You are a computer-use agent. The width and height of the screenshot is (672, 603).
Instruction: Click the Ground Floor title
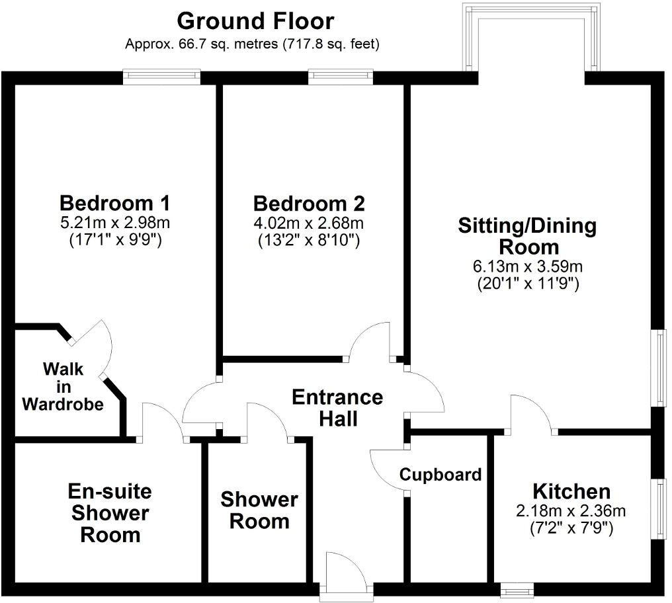tap(255, 21)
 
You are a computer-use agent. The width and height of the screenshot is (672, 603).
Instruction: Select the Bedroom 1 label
tap(115, 202)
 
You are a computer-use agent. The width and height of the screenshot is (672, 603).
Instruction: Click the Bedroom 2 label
tap(308, 202)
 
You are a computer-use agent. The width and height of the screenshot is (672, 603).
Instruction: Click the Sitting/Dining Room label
tap(528, 237)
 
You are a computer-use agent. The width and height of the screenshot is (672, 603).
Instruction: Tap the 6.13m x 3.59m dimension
tap(528, 267)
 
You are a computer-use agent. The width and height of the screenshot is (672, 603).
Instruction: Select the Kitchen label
tap(571, 491)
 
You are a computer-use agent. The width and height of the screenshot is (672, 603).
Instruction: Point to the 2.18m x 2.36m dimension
tap(571, 511)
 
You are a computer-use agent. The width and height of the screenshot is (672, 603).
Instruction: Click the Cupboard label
tap(440, 475)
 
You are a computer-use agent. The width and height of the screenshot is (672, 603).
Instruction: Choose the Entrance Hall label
tap(337, 407)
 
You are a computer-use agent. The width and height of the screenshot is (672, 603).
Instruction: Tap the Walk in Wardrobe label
tap(63, 386)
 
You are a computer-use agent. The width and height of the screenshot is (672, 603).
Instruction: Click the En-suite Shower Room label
tap(110, 512)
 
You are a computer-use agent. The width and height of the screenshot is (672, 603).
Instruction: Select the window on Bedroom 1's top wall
tap(162, 77)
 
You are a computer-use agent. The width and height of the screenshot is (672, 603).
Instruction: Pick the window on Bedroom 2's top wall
tap(341, 77)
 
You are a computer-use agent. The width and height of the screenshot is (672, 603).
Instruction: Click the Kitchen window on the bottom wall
tap(517, 588)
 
